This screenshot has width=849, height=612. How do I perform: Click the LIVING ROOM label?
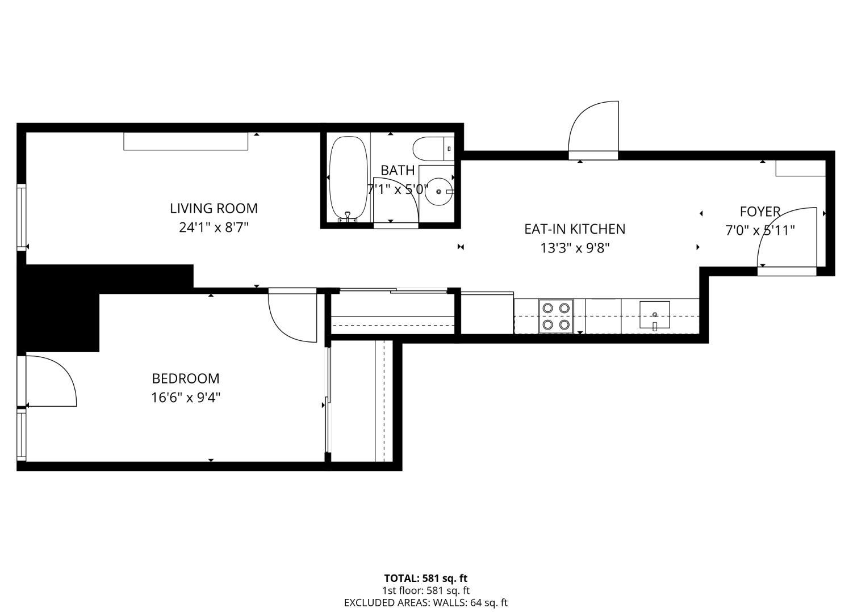pyautogui.click(x=214, y=208)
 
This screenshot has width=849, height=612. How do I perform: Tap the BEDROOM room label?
pyautogui.click(x=185, y=378)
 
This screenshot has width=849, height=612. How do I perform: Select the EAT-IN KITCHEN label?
pyautogui.click(x=574, y=229)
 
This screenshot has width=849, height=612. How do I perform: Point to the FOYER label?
pyautogui.click(x=759, y=212)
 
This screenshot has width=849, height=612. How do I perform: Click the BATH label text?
pyautogui.click(x=397, y=170)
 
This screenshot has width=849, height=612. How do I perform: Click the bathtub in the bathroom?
pyautogui.click(x=348, y=177)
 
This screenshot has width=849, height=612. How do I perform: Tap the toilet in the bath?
pyautogui.click(x=431, y=149)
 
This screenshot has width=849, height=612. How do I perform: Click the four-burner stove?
pyautogui.click(x=555, y=316)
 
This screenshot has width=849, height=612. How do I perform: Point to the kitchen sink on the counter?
pyautogui.click(x=654, y=315)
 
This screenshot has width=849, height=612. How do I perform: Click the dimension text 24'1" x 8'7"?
pyautogui.click(x=214, y=227)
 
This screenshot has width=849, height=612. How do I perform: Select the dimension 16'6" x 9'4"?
pyautogui.click(x=185, y=397)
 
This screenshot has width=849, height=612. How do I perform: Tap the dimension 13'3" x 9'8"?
pyautogui.click(x=574, y=248)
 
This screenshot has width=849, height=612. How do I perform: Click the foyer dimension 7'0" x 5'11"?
pyautogui.click(x=759, y=230)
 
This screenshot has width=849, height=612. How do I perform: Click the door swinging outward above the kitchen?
pyautogui.click(x=594, y=128)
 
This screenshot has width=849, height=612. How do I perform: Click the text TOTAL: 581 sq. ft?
pyautogui.click(x=425, y=579)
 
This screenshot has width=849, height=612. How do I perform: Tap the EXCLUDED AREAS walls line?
pyautogui.click(x=425, y=603)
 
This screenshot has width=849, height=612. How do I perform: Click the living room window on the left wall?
pyautogui.click(x=22, y=217)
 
